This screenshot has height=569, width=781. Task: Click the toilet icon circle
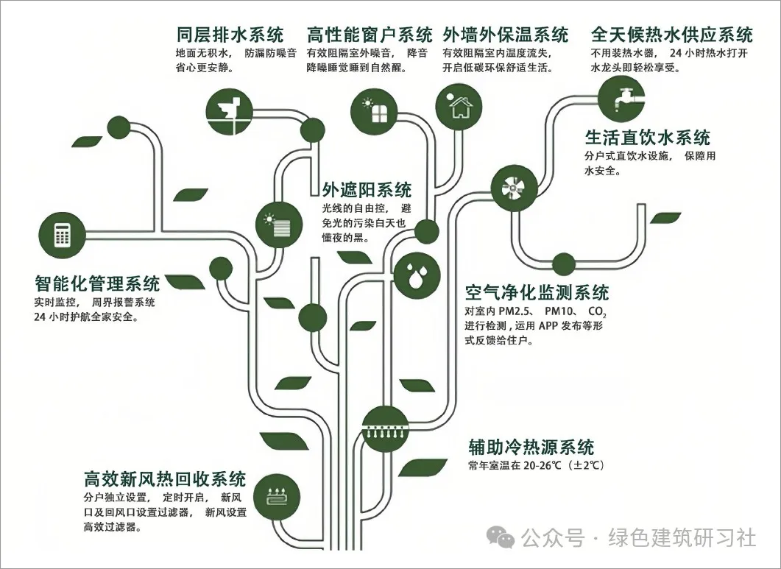click(x=227, y=112)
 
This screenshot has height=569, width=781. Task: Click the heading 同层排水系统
click(x=230, y=35)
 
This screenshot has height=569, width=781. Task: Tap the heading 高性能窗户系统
click(x=370, y=35)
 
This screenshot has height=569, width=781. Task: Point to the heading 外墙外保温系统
click(x=506, y=35)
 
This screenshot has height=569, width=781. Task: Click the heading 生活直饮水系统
click(x=648, y=138)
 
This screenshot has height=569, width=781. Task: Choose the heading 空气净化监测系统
click(x=537, y=292)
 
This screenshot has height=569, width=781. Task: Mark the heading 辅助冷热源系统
click(x=531, y=447)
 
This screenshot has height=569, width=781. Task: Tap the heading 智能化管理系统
click(x=97, y=283)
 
